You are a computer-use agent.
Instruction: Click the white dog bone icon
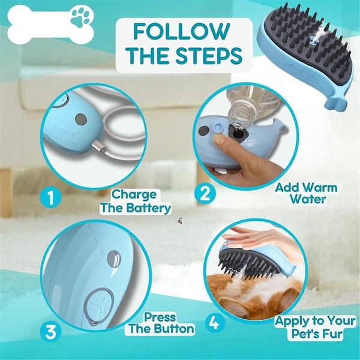point(50,25)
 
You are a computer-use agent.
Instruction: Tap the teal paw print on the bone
point(80,19)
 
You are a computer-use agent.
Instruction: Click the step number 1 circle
point(50,197)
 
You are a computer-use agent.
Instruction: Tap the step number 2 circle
point(205,194)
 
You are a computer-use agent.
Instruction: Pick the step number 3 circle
point(51,332)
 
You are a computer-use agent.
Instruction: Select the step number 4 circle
point(215,323)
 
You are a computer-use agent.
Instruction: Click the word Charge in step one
point(134,195)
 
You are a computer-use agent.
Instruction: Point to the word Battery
point(149,208)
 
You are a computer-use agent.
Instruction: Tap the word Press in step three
point(160,317)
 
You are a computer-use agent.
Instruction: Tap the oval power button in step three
point(100,306)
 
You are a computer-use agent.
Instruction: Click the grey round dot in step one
point(81,119)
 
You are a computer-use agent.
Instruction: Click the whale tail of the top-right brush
point(335,104)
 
